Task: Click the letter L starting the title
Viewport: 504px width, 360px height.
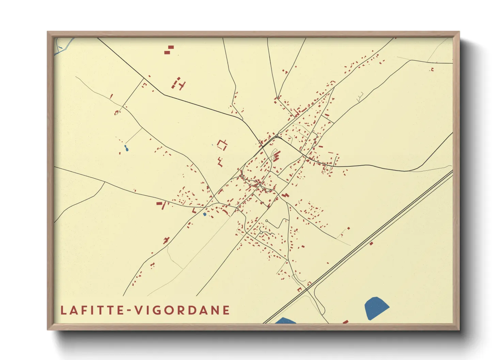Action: [64, 310]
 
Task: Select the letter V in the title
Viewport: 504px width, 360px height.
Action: [139, 310]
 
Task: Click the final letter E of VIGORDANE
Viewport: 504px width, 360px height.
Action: [226, 310]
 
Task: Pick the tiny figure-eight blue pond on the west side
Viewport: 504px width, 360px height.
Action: [126, 148]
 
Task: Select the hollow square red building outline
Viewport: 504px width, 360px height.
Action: [222, 145]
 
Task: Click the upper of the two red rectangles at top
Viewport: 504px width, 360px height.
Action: [171, 47]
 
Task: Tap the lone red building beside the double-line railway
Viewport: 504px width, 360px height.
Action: [371, 243]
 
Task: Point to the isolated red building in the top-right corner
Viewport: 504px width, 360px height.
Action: [432, 69]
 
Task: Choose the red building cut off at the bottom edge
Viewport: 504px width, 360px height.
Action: [345, 322]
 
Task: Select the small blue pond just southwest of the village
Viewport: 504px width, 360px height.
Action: [205, 214]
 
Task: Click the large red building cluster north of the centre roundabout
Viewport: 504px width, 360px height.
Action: [276, 156]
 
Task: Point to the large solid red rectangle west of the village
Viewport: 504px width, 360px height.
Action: [159, 203]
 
